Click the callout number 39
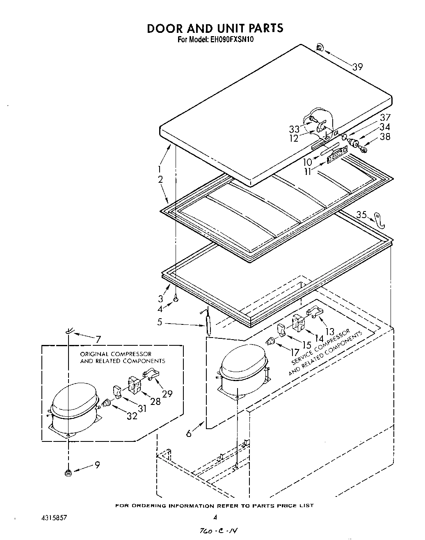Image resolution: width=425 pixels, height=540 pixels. [x=358, y=67]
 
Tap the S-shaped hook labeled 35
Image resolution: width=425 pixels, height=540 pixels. [x=380, y=221]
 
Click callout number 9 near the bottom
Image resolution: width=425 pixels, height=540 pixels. [x=97, y=466]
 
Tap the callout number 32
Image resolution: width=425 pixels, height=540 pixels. [x=132, y=416]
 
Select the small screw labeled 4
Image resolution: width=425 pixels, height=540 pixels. [x=176, y=300]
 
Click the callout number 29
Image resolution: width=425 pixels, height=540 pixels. [x=167, y=394]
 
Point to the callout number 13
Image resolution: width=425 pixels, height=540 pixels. [x=329, y=331]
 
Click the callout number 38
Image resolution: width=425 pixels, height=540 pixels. [x=385, y=137]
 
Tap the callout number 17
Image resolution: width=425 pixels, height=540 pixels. [x=295, y=352]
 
